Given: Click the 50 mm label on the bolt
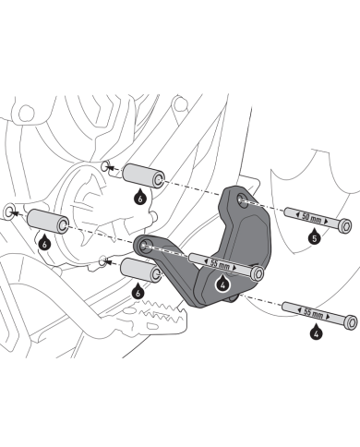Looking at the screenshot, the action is tap(310, 217).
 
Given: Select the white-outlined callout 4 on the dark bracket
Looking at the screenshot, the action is tap(223, 284).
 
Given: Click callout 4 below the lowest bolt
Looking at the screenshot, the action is tap(316, 332).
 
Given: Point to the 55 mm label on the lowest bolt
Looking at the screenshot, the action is tap(313, 313).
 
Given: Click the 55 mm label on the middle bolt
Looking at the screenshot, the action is tap(220, 264).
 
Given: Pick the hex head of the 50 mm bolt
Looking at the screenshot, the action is tap(344, 226).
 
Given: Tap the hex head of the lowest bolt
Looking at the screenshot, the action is tap(351, 322).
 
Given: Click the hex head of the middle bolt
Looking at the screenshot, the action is tap(258, 273).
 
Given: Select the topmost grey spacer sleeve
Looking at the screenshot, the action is tap(144, 176).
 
